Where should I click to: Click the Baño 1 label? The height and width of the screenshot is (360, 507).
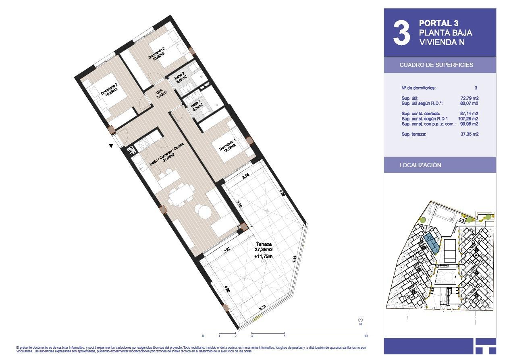tap(197, 106)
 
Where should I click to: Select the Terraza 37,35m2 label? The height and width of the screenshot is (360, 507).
tap(263, 246)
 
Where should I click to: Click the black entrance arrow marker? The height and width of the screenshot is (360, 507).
tap(111, 146)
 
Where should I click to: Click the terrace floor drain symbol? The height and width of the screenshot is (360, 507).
tap(264, 261)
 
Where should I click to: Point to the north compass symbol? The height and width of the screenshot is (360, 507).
tap(360, 320)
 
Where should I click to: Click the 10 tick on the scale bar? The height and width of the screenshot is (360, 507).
tap(366, 335)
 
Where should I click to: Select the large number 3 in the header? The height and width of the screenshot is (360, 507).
tap(401, 33)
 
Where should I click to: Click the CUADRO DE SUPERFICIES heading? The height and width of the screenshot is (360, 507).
tap(436, 65)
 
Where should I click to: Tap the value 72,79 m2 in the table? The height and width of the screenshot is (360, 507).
tap(469, 98)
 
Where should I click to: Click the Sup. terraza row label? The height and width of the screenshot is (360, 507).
tap(413, 134)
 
